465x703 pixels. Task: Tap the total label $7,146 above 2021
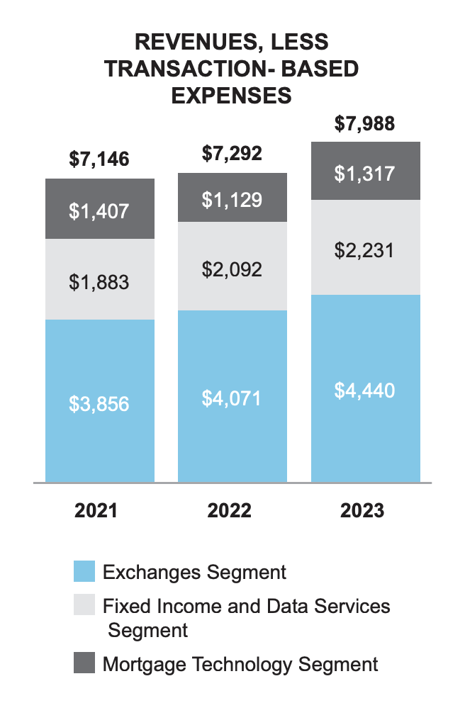click(99, 159)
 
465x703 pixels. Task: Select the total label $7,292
click(232, 152)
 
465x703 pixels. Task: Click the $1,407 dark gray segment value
click(99, 211)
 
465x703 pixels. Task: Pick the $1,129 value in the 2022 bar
click(232, 201)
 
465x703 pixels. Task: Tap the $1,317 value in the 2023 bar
click(364, 173)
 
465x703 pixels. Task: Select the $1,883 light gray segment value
click(99, 282)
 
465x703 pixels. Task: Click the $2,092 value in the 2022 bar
click(232, 269)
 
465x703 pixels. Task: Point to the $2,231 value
click(364, 250)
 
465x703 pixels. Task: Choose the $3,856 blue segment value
click(99, 404)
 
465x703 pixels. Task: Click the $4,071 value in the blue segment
click(232, 398)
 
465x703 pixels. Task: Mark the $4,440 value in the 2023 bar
click(364, 390)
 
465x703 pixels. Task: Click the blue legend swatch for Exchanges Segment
click(84, 572)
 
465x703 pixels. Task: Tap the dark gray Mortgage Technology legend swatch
click(84, 664)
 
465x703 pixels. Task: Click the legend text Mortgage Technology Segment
click(240, 665)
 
